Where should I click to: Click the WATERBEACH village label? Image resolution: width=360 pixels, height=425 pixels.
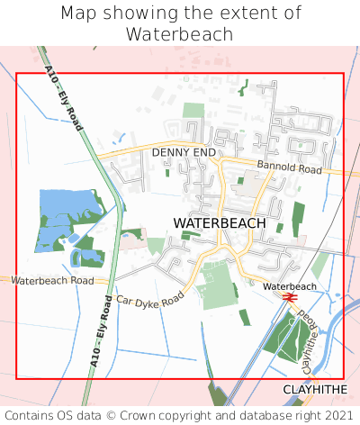pyautogui.click(x=219, y=222)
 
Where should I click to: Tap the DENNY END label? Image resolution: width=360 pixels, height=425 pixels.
pyautogui.click(x=184, y=153)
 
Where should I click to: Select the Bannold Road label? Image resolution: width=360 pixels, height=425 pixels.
pyautogui.click(x=289, y=168)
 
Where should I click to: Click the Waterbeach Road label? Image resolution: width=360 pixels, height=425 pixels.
pyautogui.click(x=52, y=281)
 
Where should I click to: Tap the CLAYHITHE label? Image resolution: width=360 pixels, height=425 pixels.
pyautogui.click(x=315, y=389)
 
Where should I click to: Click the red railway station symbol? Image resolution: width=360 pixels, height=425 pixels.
pyautogui.click(x=289, y=296)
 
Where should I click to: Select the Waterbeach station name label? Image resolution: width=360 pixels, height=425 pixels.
pyautogui.click(x=290, y=286)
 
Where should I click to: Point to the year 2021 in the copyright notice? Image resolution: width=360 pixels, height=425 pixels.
pyautogui.click(x=337, y=416)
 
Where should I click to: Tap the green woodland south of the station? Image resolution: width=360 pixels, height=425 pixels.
pyautogui.click(x=286, y=338)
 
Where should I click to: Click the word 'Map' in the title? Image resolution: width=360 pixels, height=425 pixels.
pyautogui.click(x=78, y=14)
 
